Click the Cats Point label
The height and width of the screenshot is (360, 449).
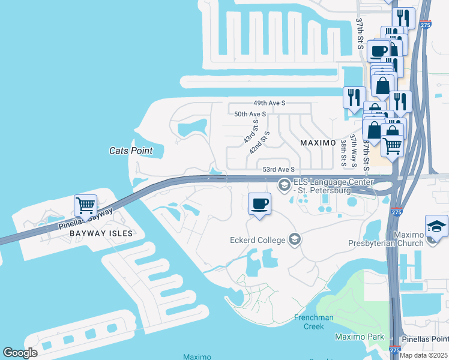pyautogui.click(x=131, y=151)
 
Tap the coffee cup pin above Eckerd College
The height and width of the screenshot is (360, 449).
pyautogui.click(x=259, y=204)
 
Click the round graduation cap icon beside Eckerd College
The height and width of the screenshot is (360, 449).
pyautogui.click(x=294, y=241)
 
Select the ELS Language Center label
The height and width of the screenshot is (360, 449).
pyautogui.click(x=333, y=187)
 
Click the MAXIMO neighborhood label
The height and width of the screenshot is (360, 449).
pyautogui.click(x=317, y=143)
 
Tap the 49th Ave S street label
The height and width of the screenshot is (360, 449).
pyautogui.click(x=268, y=103)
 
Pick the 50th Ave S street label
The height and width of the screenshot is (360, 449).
pyautogui.click(x=250, y=114)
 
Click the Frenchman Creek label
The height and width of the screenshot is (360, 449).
pyautogui.click(x=309, y=322)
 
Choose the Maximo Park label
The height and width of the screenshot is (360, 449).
pyautogui.click(x=359, y=337)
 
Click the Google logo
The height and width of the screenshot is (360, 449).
pyautogui.click(x=20, y=353)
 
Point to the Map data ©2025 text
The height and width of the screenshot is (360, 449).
pyautogui.click(x=423, y=355)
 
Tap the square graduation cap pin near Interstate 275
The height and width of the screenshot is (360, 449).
pyautogui.click(x=436, y=226)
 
